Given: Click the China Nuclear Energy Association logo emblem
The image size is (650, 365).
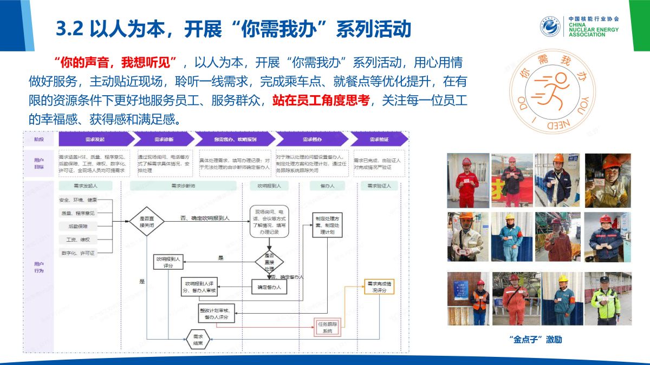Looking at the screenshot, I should pyautogui.click(x=550, y=26).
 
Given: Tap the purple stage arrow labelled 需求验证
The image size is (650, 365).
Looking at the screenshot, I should pyautogui.click(x=379, y=140).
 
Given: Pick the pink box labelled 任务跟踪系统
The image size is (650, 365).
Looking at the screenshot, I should pyautogui.click(x=327, y=327).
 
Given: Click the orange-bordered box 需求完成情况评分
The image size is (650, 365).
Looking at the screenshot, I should pyautogui.click(x=379, y=286).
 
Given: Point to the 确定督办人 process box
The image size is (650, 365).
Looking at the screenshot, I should pyautogui.click(x=269, y=287).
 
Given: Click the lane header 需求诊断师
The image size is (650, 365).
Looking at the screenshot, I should pyautogui.click(x=183, y=185).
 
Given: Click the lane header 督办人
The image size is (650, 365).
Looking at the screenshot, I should pyautogui.click(x=327, y=185).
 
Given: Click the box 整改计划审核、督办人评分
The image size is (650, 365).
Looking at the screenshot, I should pyautogui.click(x=217, y=314).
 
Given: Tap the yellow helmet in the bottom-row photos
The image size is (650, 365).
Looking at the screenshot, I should pyautogui.click(x=563, y=279).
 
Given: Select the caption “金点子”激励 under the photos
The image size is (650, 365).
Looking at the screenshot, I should pyautogui.click(x=536, y=340).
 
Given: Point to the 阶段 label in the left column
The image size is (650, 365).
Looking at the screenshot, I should pyautogui.click(x=39, y=140).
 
